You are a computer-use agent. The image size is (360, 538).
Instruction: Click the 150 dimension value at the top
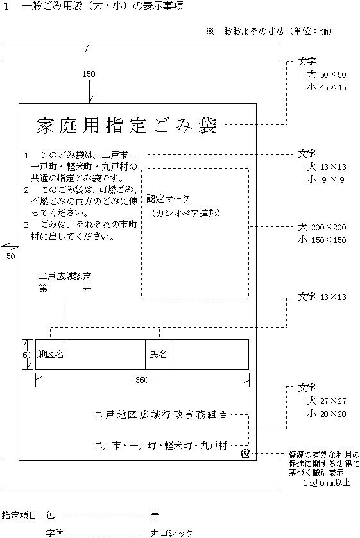tap(89, 74)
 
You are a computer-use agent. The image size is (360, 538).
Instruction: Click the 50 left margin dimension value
tap(11, 256)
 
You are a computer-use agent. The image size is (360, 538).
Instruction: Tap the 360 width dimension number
tap(142, 380)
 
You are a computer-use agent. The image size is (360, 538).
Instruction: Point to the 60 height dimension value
tap(27, 355)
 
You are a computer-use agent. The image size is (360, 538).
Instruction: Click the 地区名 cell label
tap(50, 354)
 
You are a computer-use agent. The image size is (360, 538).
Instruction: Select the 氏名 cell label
tap(158, 354)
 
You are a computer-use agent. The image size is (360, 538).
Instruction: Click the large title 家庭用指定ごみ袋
tap(127, 125)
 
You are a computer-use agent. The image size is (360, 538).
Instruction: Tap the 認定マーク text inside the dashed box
tap(168, 199)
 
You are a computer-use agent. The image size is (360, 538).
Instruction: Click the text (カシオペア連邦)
tap(185, 213)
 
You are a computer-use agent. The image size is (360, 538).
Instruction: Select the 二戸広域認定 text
tap(65, 276)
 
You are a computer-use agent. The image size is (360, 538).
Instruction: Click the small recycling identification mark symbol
tap(245, 453)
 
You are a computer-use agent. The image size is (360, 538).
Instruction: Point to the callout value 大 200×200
tap(322, 227)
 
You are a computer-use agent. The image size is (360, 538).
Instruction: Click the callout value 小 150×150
tap(322, 240)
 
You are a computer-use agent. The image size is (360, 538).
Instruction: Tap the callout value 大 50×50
tap(327, 74)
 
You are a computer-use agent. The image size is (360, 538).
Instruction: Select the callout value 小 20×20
tap(327, 414)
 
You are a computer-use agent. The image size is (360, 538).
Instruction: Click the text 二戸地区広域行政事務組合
tap(161, 415)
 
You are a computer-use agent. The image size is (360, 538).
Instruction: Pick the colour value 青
tap(155, 515)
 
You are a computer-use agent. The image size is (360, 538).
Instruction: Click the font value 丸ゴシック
tap(171, 534)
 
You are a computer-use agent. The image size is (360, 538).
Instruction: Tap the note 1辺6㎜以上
tap(326, 482)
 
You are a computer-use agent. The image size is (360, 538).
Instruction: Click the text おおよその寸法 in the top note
tap(254, 31)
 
